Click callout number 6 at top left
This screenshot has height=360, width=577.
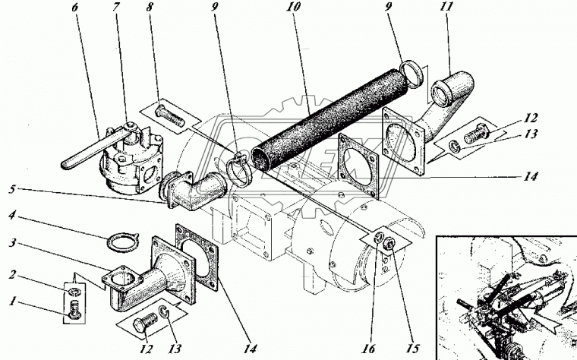tap(75, 8)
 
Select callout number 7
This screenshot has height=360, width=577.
tap(117, 8)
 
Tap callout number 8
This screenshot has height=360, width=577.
tap(150, 8)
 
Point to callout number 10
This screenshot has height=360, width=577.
tap(293, 7)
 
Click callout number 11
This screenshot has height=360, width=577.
tap(446, 7)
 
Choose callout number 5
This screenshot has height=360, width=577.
tap(12, 190)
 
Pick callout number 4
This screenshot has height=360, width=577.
tap(12, 215)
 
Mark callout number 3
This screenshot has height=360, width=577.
tap(12, 243)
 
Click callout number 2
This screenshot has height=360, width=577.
tap(12, 275)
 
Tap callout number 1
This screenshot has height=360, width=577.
tap(12, 302)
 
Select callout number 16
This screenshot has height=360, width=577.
tap(369, 348)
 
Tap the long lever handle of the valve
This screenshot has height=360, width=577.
tap(82, 153)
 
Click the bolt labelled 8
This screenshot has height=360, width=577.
tap(169, 115)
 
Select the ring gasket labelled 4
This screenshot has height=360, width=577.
tap(122, 242)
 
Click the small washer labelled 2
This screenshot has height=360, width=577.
tap(75, 292)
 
